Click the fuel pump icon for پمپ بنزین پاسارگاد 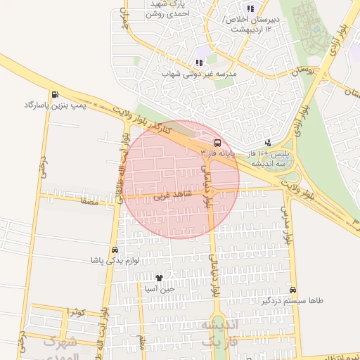[55, 95]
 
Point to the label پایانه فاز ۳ [218, 152]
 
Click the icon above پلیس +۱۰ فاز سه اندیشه [267, 143]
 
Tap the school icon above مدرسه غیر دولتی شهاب [200, 63]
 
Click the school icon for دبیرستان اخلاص [250, 8]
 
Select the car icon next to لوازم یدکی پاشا [115, 250]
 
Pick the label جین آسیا [159, 288]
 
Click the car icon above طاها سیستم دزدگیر [292, 290]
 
